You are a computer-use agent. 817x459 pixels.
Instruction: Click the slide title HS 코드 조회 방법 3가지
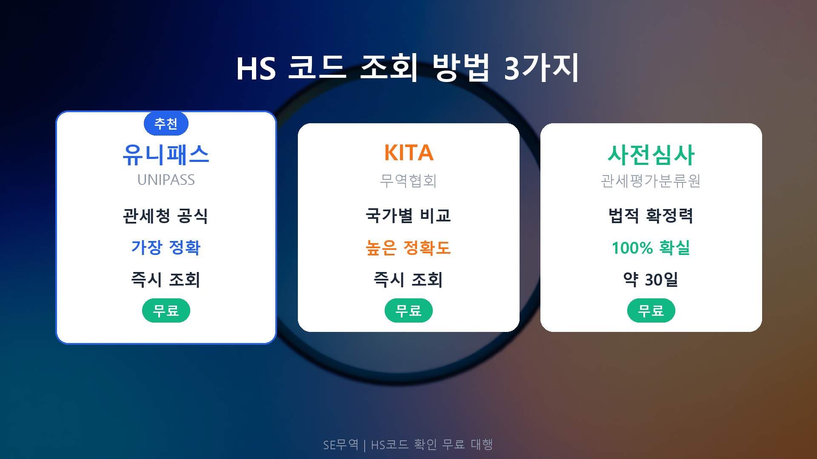tap(408, 68)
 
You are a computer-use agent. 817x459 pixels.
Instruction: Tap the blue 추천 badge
tap(166, 124)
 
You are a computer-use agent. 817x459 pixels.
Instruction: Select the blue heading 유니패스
tap(166, 155)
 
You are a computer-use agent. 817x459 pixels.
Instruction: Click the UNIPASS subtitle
tap(166, 180)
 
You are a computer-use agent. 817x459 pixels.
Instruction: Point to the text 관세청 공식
tap(166, 216)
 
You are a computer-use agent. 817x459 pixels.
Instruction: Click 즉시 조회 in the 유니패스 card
tap(166, 280)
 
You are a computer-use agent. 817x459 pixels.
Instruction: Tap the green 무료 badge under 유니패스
tap(166, 311)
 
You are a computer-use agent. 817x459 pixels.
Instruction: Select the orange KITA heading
tap(408, 153)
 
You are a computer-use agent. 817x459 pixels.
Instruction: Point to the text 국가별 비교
tap(408, 216)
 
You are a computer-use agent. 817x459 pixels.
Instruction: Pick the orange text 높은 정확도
tap(408, 248)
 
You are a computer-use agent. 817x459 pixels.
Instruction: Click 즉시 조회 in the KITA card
tap(408, 280)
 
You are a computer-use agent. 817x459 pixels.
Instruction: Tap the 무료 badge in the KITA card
tap(408, 311)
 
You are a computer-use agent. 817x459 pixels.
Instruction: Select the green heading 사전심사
tap(651, 155)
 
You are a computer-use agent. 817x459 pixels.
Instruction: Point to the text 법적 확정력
tap(651, 216)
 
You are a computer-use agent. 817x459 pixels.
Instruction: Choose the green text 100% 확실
tap(651, 248)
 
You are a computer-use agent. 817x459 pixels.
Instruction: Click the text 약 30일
tap(651, 280)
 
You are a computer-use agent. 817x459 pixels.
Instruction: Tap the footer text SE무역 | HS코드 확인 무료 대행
tap(408, 445)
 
